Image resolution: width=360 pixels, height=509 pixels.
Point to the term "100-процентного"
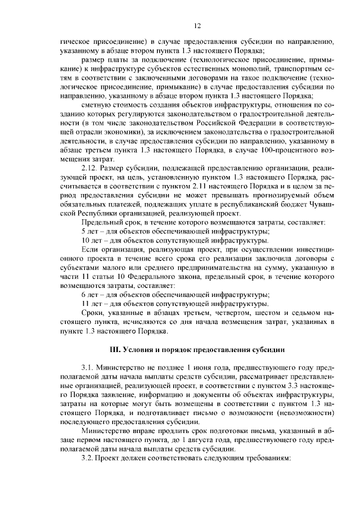point(279,150)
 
